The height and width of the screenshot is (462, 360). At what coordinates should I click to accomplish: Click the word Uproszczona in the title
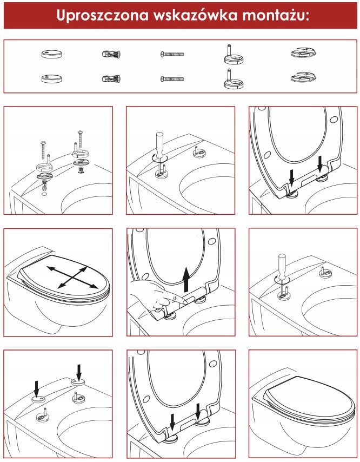click(103, 16)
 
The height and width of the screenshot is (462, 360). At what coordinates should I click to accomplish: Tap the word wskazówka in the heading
click(196, 15)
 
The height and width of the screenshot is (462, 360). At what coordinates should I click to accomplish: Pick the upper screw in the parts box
click(172, 54)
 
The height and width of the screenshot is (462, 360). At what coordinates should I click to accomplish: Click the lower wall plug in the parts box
click(111, 78)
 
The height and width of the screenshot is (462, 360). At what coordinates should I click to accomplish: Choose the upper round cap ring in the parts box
click(52, 54)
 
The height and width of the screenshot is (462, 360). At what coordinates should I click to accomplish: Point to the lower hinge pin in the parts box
click(234, 78)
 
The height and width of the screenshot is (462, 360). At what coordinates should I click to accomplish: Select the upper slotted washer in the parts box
click(303, 52)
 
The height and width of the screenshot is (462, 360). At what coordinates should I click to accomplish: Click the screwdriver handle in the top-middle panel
click(159, 144)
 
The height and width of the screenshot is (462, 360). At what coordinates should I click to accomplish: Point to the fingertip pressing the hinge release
click(184, 301)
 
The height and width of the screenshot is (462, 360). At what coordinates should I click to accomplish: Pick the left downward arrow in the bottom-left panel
click(36, 388)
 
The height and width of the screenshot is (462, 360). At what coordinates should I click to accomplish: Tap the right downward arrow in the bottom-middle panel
click(198, 411)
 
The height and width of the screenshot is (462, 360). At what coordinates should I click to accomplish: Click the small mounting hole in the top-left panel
click(44, 195)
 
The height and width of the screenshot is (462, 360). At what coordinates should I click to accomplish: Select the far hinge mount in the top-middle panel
click(197, 151)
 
